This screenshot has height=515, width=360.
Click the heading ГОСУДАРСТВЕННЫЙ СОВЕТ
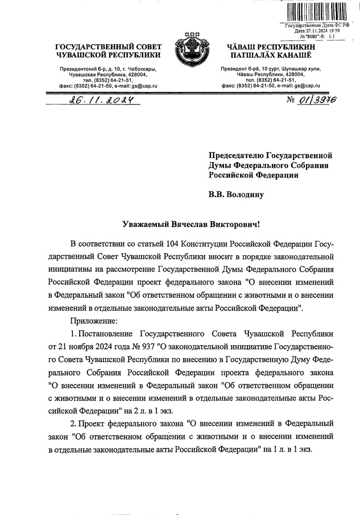[x=108, y=47]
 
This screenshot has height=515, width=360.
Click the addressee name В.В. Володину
[x=236, y=195]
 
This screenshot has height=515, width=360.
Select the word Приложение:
[x=91, y=321]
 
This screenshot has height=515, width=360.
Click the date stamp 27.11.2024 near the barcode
[x=323, y=31]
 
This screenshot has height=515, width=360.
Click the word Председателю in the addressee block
[x=235, y=154]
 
